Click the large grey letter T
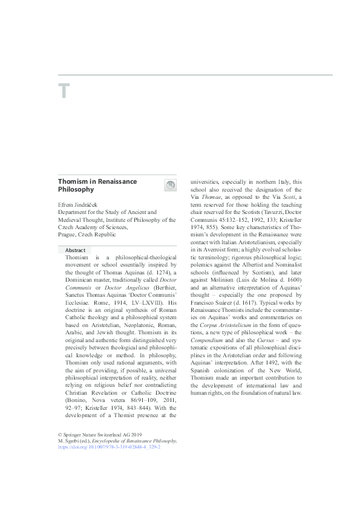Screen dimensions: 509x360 (x=64, y=92)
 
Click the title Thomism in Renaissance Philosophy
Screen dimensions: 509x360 (x=97, y=185)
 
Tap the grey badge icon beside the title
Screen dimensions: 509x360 (x=170, y=186)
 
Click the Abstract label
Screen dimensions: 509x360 (x=76, y=250)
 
